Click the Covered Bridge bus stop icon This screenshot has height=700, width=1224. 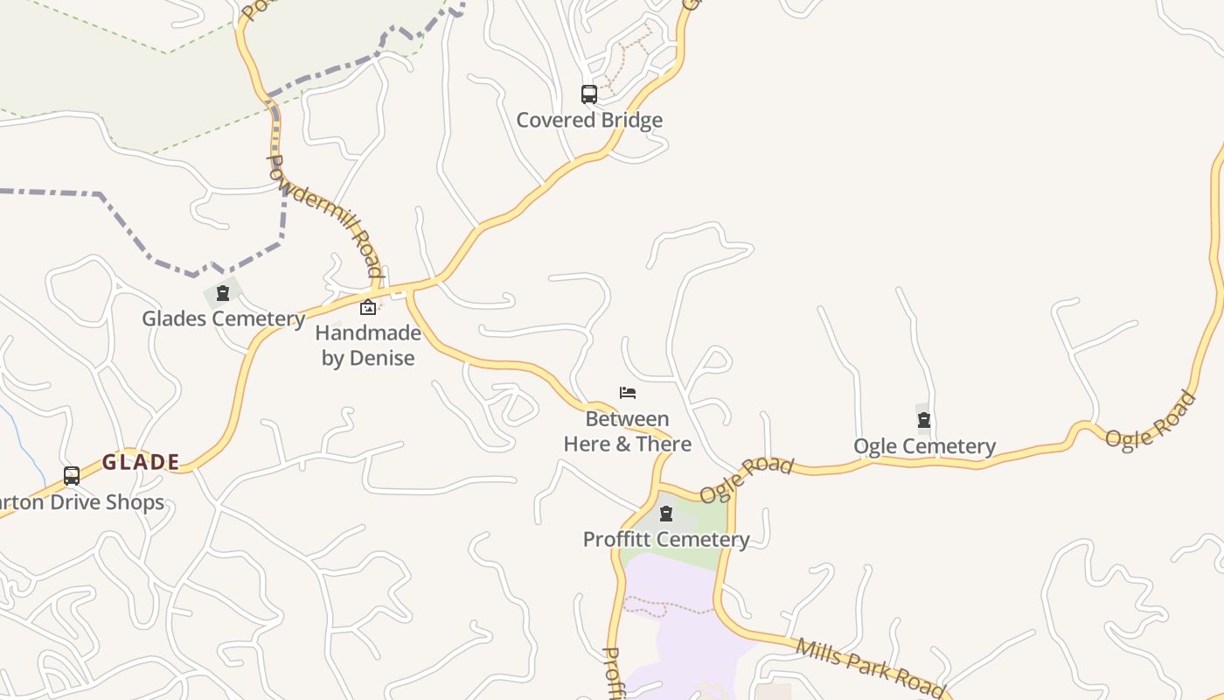[x=589, y=94]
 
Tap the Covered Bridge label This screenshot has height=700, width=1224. [x=589, y=120]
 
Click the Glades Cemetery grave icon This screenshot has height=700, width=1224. [x=223, y=293]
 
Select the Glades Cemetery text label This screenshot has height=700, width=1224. [x=224, y=318]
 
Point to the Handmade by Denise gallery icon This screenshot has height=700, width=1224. [x=368, y=307]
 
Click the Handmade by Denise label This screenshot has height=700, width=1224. [x=368, y=346]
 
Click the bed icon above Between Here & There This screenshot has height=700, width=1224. [x=628, y=393]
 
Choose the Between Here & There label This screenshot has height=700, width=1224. [x=628, y=431]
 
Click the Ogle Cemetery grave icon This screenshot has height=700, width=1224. [x=924, y=421]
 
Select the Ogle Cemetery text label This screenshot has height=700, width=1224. [x=924, y=446]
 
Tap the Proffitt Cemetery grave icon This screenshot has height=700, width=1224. [x=666, y=514]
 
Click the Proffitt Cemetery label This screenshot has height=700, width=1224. [x=666, y=539]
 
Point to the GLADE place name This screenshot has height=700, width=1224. [x=142, y=462]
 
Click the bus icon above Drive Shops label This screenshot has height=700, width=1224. [x=72, y=476]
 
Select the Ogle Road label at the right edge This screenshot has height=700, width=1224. [x=1151, y=421]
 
